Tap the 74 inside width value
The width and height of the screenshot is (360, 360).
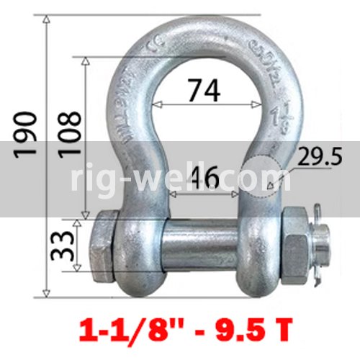pyautogui.click(x=203, y=91)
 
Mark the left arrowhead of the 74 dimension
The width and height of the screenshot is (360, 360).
pyautogui.click(x=156, y=104)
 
